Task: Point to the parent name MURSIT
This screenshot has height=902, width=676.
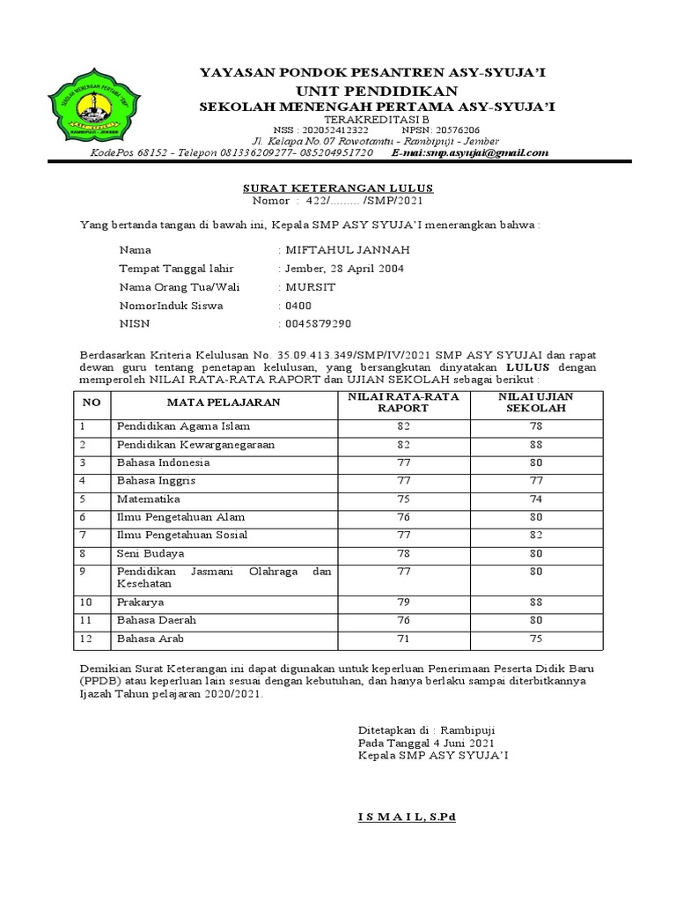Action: point(309,287)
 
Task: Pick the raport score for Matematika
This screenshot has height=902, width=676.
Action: point(404,499)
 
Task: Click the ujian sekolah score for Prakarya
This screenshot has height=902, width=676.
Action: point(535,603)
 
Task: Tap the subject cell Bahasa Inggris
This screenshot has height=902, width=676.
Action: point(156,480)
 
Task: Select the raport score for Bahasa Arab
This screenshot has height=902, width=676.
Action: point(404,640)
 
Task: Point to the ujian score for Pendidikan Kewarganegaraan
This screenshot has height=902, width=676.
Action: point(535,444)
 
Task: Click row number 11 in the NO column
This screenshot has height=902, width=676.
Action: point(87,621)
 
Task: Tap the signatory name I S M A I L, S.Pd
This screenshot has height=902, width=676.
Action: point(407,817)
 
